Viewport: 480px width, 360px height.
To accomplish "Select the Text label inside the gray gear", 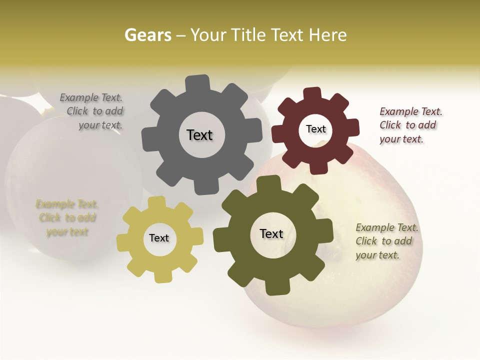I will pyautogui.click(x=199, y=135).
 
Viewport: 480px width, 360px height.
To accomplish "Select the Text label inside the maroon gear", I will pyautogui.click(x=315, y=129).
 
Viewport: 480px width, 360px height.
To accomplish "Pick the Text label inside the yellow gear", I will pyautogui.click(x=159, y=238).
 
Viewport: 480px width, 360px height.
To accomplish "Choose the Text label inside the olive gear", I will pyautogui.click(x=271, y=233).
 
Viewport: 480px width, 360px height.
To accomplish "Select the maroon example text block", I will pyautogui.click(x=410, y=125).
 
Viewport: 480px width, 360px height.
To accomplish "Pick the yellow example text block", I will pyautogui.click(x=67, y=218).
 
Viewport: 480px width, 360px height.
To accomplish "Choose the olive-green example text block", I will pyautogui.click(x=386, y=241).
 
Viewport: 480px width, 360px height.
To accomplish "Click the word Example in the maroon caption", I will pyautogui.click(x=399, y=111).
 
